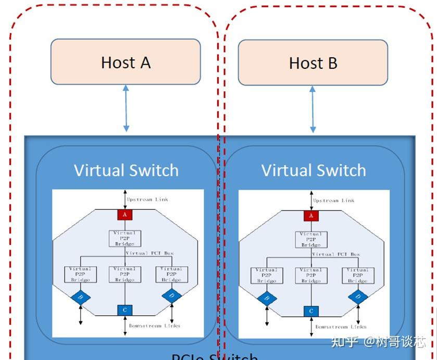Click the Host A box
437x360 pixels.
pyautogui.click(x=126, y=62)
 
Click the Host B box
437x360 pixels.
pyautogui.click(x=313, y=63)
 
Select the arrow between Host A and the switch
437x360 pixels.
pyautogui.click(x=126, y=108)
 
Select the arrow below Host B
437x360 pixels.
pyautogui.click(x=313, y=109)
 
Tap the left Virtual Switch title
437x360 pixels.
pyautogui.click(x=126, y=170)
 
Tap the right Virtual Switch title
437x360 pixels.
pyautogui.click(x=314, y=170)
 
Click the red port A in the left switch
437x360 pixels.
pyautogui.click(x=125, y=215)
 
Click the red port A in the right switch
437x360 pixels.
pyautogui.click(x=311, y=216)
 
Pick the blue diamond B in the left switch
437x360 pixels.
pyautogui.click(x=80, y=298)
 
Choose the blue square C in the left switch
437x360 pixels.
pyautogui.click(x=125, y=311)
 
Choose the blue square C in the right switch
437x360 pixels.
pyautogui.click(x=311, y=312)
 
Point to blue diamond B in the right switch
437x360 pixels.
pyautogui.click(x=267, y=299)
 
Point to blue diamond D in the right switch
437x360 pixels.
pyautogui.click(x=358, y=297)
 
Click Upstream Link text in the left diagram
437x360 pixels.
pyautogui.click(x=147, y=200)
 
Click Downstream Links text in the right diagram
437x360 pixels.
pyautogui.click(x=341, y=327)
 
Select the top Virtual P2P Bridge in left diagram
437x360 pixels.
pyautogui.click(x=124, y=238)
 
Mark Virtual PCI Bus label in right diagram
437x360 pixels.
pyautogui.click(x=336, y=254)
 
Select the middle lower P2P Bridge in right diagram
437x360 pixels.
pyautogui.click(x=311, y=275)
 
